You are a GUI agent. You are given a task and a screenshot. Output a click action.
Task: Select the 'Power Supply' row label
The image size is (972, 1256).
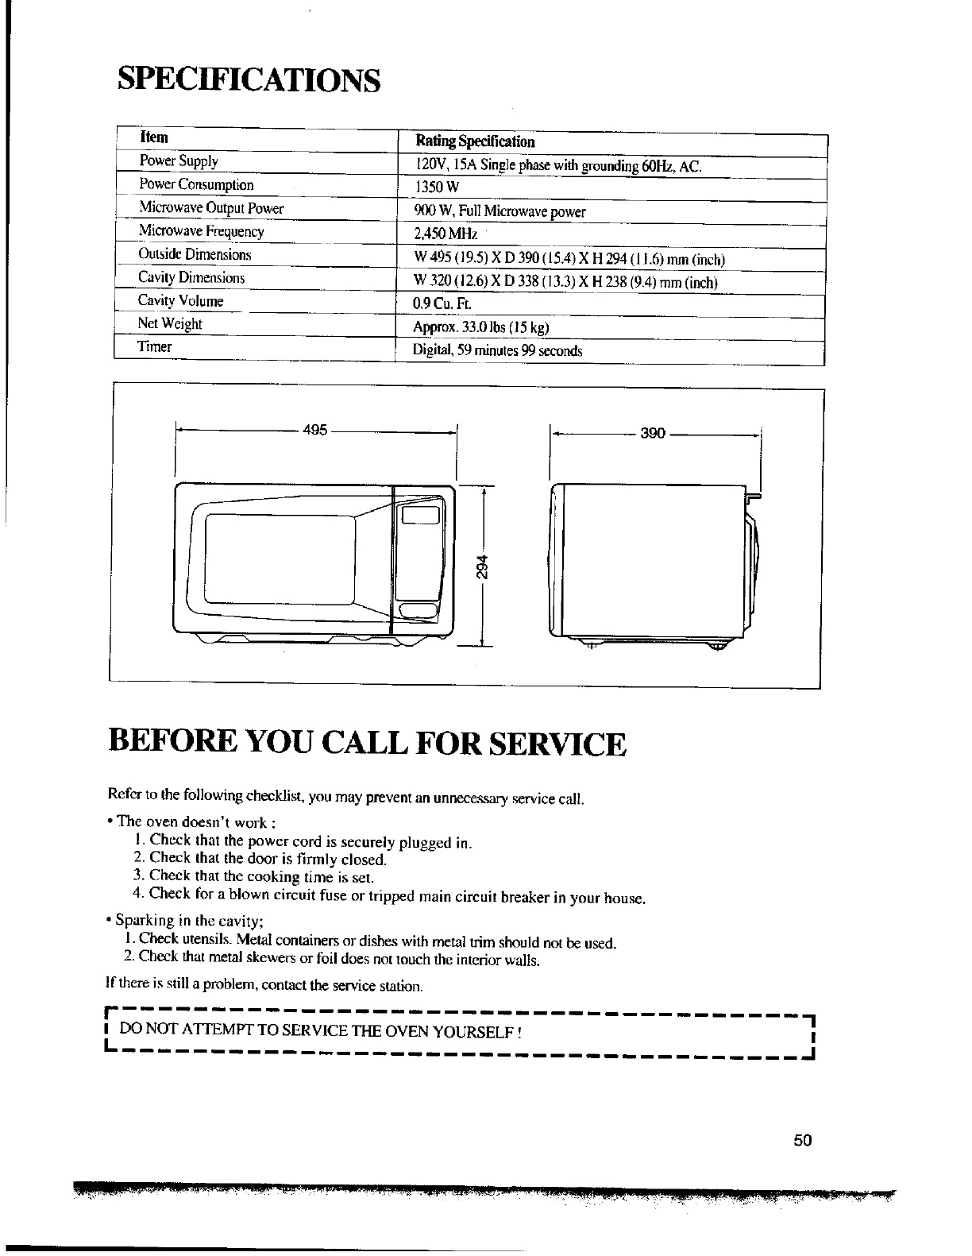pyautogui.click(x=179, y=161)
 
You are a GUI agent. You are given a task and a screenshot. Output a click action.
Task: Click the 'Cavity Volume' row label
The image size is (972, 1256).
pyautogui.click(x=181, y=301)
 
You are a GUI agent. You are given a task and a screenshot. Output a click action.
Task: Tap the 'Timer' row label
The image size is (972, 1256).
pyautogui.click(x=155, y=347)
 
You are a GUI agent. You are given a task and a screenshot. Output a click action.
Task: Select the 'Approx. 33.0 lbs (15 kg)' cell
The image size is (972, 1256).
pyautogui.click(x=481, y=327)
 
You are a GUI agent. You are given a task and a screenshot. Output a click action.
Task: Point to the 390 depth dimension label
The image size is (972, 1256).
pyautogui.click(x=652, y=435)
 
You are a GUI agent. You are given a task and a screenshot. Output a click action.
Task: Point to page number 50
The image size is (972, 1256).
pyautogui.click(x=802, y=1141)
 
